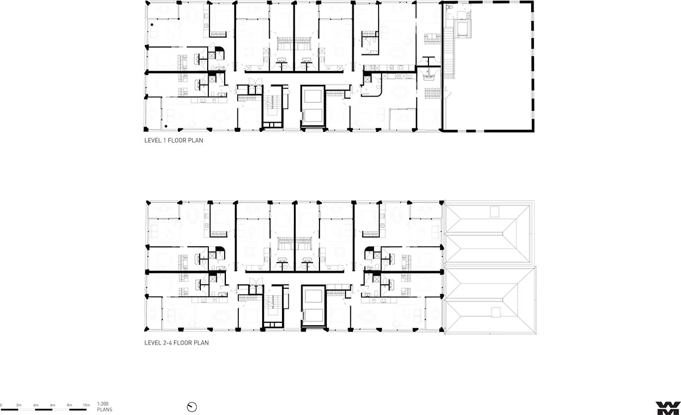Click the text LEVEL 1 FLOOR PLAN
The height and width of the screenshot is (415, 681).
[x=174, y=140]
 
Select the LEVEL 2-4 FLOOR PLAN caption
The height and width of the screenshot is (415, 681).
[x=176, y=343]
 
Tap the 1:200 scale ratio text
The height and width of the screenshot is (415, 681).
[x=103, y=404]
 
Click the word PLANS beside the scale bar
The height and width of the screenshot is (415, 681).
[x=104, y=409]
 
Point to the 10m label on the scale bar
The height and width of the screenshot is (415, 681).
[x=86, y=405]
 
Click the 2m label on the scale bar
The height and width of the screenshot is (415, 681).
[x=19, y=405]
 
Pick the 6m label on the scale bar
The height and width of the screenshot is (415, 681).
[x=53, y=405]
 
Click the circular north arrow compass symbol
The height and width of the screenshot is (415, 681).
[x=192, y=407]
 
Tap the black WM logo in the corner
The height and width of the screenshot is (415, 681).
[x=667, y=408]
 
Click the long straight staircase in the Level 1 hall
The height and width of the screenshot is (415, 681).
[x=449, y=52]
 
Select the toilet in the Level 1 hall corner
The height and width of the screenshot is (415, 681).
[x=449, y=7]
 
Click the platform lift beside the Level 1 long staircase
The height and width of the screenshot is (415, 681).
[x=463, y=29]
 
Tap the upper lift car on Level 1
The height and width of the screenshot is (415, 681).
[x=313, y=97]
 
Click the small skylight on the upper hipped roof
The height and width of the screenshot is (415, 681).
[x=494, y=211]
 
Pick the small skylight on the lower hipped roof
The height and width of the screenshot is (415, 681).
[x=495, y=313]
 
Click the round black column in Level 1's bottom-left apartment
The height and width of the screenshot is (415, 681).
[x=166, y=126]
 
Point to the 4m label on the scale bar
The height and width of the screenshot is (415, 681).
[x=36, y=405]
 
